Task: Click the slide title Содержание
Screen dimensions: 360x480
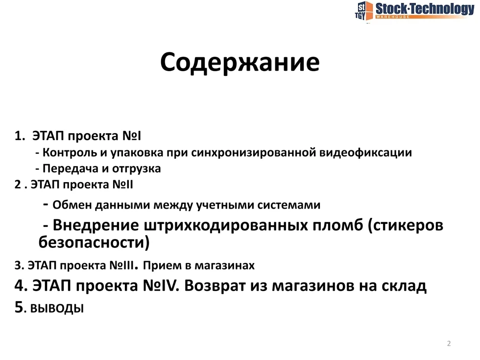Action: [240, 63]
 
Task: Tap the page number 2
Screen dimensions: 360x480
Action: [449, 343]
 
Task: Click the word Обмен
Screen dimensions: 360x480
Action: [72, 205]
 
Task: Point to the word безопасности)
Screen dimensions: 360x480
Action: [94, 242]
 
